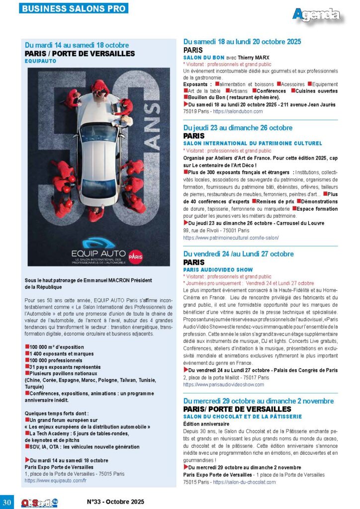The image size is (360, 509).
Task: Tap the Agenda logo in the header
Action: click(x=317, y=15)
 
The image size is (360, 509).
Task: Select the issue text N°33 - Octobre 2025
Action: click(x=116, y=502)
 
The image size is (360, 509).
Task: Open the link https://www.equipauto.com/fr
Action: click(x=56, y=481)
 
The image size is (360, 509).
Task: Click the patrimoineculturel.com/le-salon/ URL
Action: click(x=231, y=238)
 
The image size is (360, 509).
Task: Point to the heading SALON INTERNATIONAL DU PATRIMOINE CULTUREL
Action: click(x=252, y=143)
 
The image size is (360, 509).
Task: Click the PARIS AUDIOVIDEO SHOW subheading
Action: click(x=218, y=270)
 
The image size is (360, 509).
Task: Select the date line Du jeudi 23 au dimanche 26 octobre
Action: click(x=238, y=128)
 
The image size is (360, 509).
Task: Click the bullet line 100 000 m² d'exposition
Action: click(x=55, y=346)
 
